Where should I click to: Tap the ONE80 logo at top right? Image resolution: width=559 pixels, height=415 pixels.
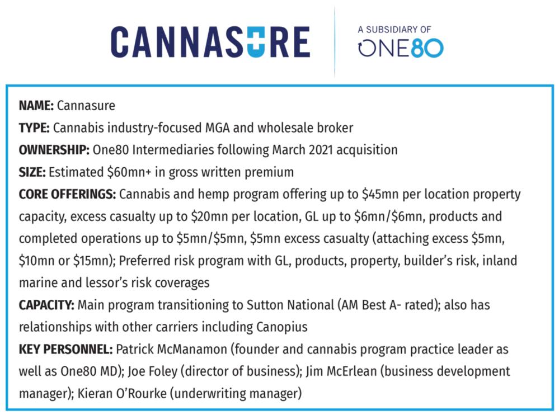pyautogui.click(x=401, y=48)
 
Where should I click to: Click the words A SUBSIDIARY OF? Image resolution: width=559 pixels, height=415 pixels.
pyautogui.click(x=394, y=30)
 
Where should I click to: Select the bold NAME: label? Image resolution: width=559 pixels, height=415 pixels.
pyautogui.click(x=36, y=106)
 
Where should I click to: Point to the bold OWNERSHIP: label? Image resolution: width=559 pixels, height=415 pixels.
pyautogui.click(x=54, y=150)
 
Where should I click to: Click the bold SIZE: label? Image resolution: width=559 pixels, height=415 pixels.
pyautogui.click(x=32, y=172)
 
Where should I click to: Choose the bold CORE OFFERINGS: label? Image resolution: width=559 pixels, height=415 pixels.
pyautogui.click(x=67, y=194)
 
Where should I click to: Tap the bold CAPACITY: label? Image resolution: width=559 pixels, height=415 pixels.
pyautogui.click(x=46, y=305)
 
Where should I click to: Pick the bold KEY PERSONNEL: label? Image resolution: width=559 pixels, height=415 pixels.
pyautogui.click(x=65, y=349)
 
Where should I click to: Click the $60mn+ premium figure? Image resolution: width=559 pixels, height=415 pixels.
pyautogui.click(x=129, y=172)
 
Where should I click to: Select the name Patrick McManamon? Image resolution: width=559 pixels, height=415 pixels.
pyautogui.click(x=171, y=349)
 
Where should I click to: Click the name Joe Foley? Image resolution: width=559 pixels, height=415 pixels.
pyautogui.click(x=152, y=371)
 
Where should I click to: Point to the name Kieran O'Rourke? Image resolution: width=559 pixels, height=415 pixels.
pyautogui.click(x=122, y=393)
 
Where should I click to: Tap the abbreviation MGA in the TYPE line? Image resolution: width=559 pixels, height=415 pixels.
pyautogui.click(x=217, y=128)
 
